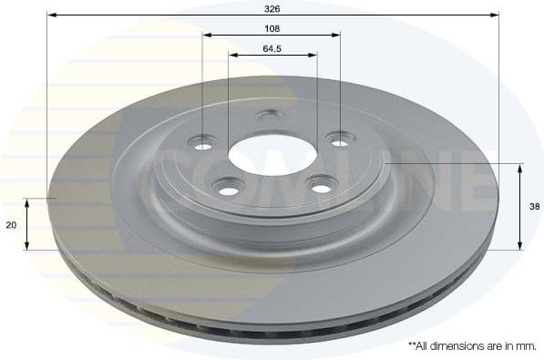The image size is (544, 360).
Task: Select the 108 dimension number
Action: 272,27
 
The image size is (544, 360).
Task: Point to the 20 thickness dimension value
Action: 10,223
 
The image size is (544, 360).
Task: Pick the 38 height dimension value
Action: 535,207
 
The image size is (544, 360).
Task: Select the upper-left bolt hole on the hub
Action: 203,141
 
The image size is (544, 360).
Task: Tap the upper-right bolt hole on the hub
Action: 340,142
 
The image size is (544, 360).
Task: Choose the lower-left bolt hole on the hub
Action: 225,188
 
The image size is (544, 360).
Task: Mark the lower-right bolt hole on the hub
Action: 321,187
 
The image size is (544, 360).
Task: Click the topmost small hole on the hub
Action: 268,116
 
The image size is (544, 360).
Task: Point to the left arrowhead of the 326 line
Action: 51,15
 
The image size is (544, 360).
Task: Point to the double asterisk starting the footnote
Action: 412,345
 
